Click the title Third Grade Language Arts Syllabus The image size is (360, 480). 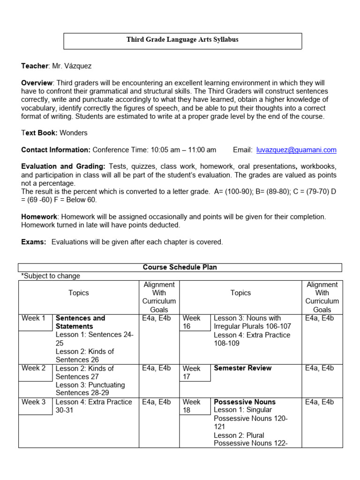(182, 40)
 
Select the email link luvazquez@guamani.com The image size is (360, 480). (296, 150)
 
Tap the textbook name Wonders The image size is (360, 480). (74, 133)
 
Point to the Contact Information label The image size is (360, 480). (56, 150)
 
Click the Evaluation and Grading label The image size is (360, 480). (63, 166)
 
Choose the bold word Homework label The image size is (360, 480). (39, 217)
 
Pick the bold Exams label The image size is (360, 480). (34, 242)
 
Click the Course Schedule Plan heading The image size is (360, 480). (180, 267)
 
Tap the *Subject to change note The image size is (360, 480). (51, 276)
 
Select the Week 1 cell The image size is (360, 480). (34, 318)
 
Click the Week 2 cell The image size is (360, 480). (34, 368)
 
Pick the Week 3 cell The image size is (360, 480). (34, 402)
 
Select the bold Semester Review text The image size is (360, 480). (242, 368)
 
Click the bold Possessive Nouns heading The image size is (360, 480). (245, 402)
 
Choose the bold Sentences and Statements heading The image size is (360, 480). (80, 322)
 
